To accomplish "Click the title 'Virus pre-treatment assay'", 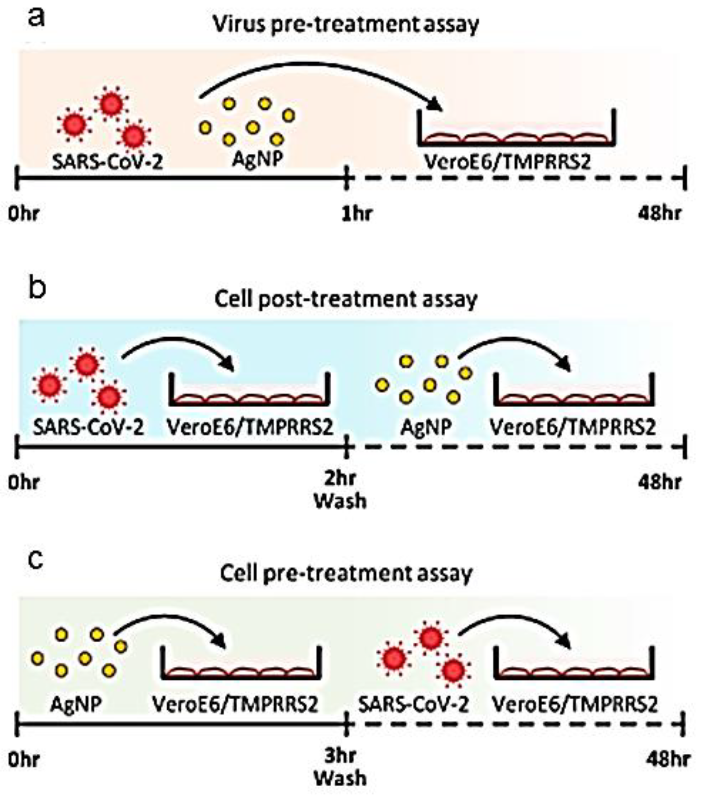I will coord(346,24).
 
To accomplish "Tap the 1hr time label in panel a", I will coord(356,214).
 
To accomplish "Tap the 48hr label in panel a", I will coord(660,214).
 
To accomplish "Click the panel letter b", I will coord(37,288).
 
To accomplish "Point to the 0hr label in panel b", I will coord(24,483).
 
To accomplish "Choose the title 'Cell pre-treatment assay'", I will coord(346,574).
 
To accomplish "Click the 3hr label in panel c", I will coord(340,756).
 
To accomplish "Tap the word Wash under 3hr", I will coord(340,778).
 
